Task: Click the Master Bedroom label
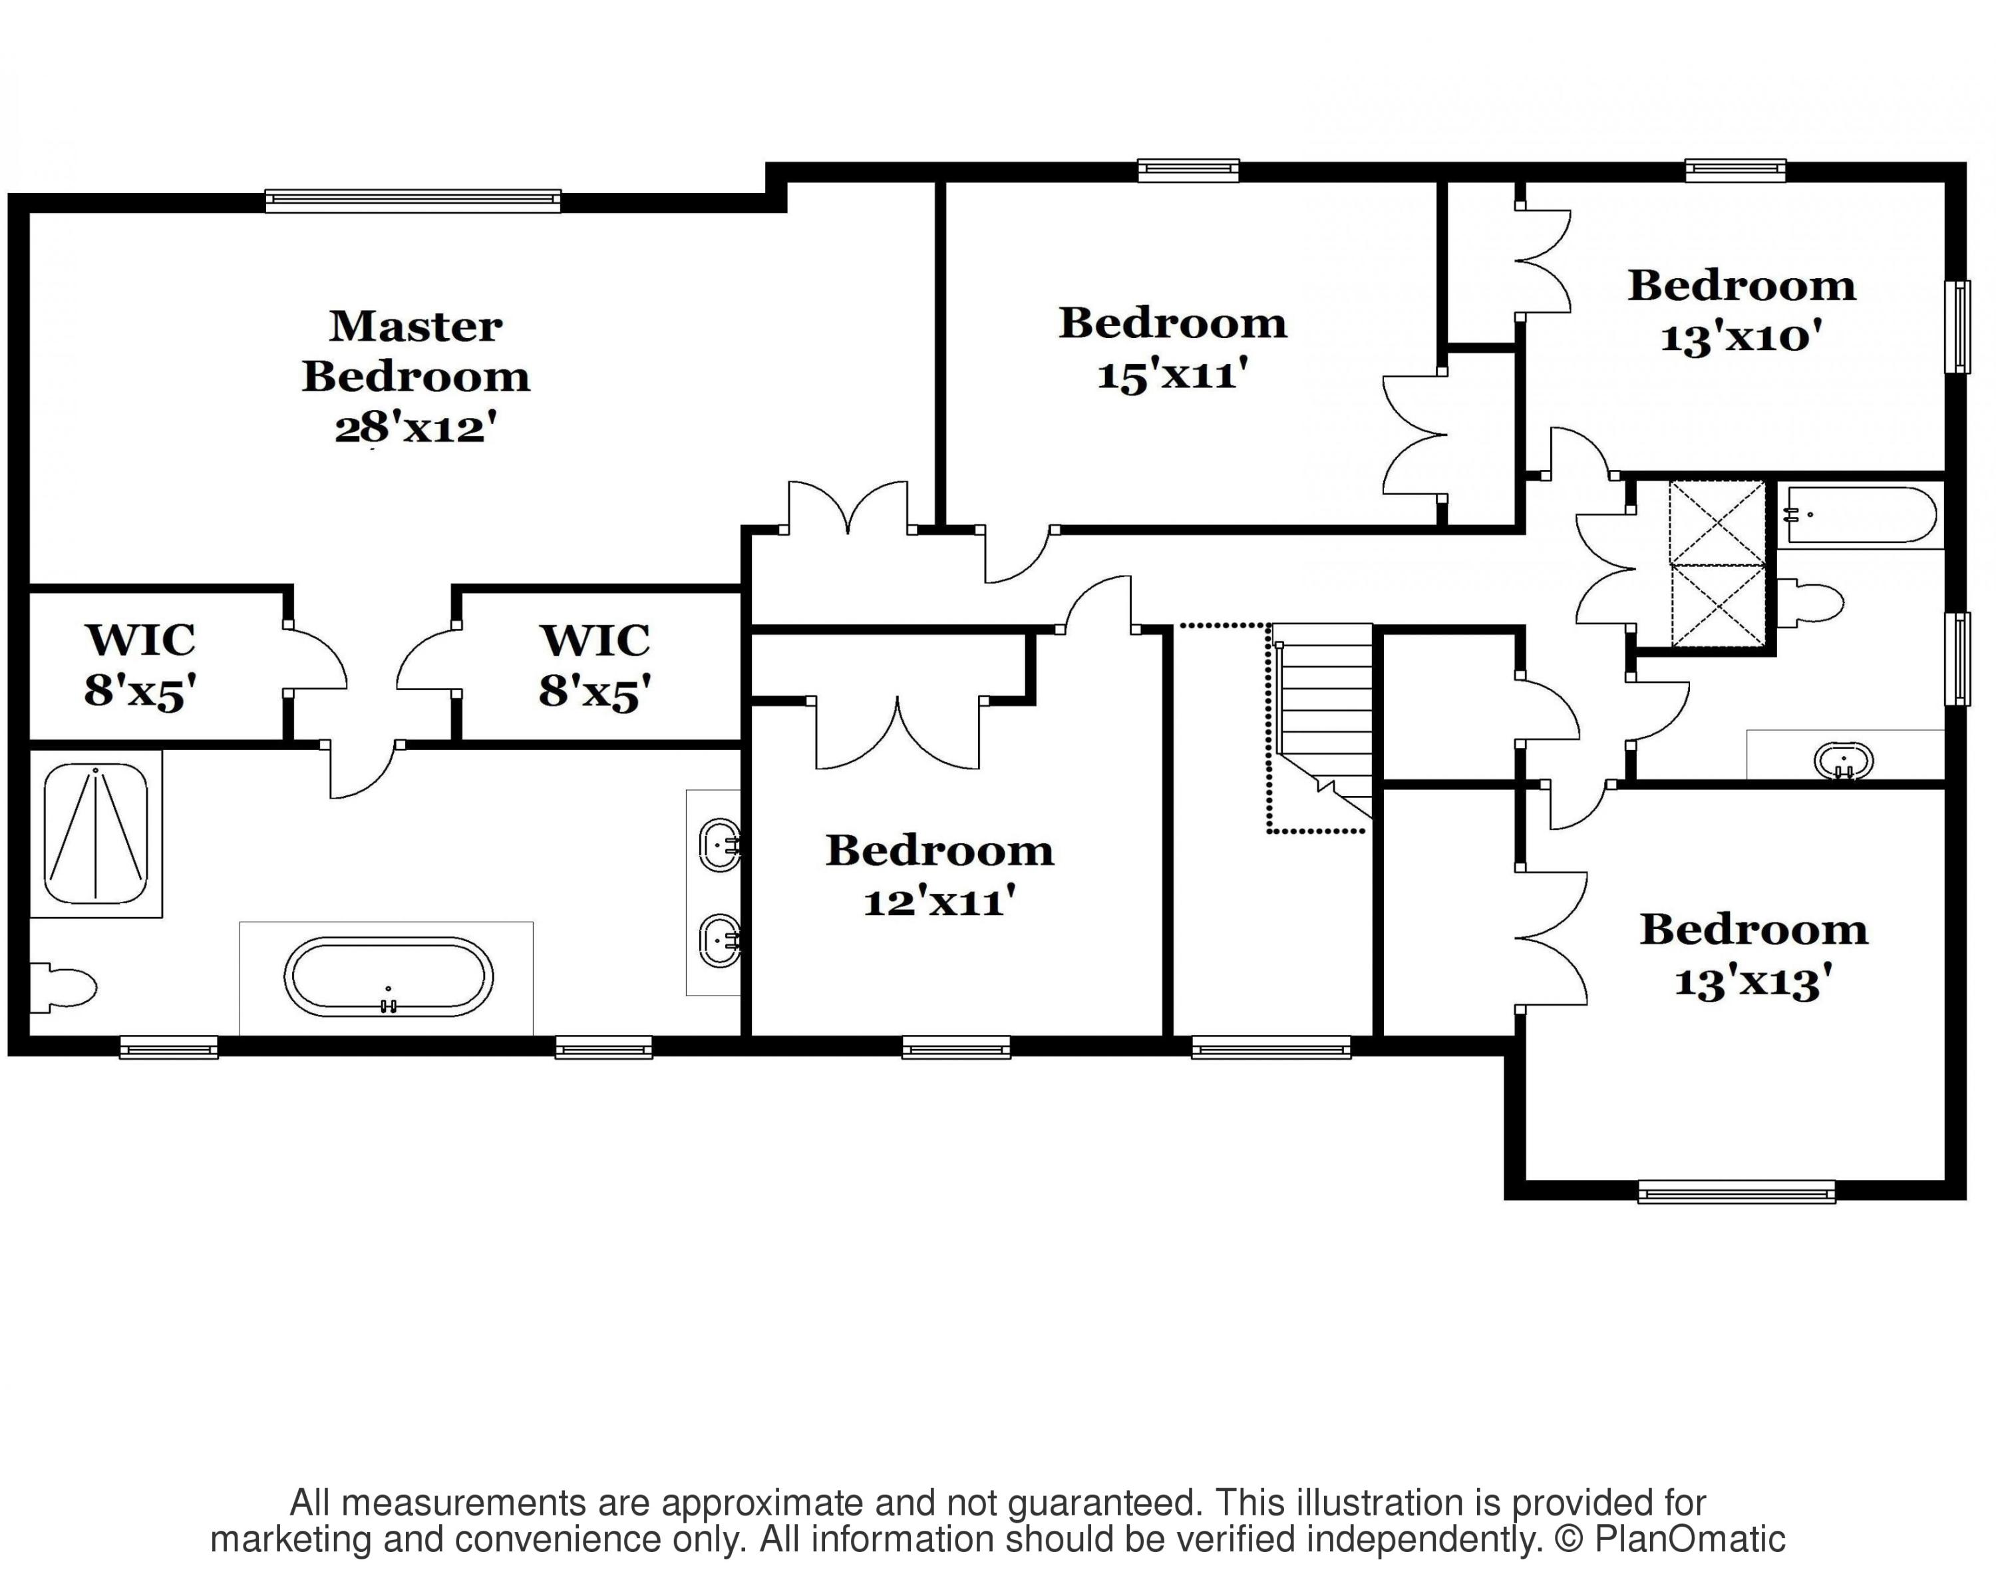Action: pyautogui.click(x=416, y=351)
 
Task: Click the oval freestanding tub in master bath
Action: pyautogui.click(x=389, y=976)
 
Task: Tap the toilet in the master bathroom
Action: pyautogui.click(x=63, y=988)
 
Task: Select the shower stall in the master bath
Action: pyautogui.click(x=96, y=833)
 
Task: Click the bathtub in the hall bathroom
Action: pyautogui.click(x=1860, y=515)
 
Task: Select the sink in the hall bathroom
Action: pyautogui.click(x=1843, y=762)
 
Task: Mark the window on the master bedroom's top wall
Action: pyautogui.click(x=413, y=200)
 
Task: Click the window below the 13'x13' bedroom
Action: pyautogui.click(x=1737, y=1192)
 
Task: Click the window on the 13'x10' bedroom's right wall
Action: pyautogui.click(x=1958, y=327)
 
